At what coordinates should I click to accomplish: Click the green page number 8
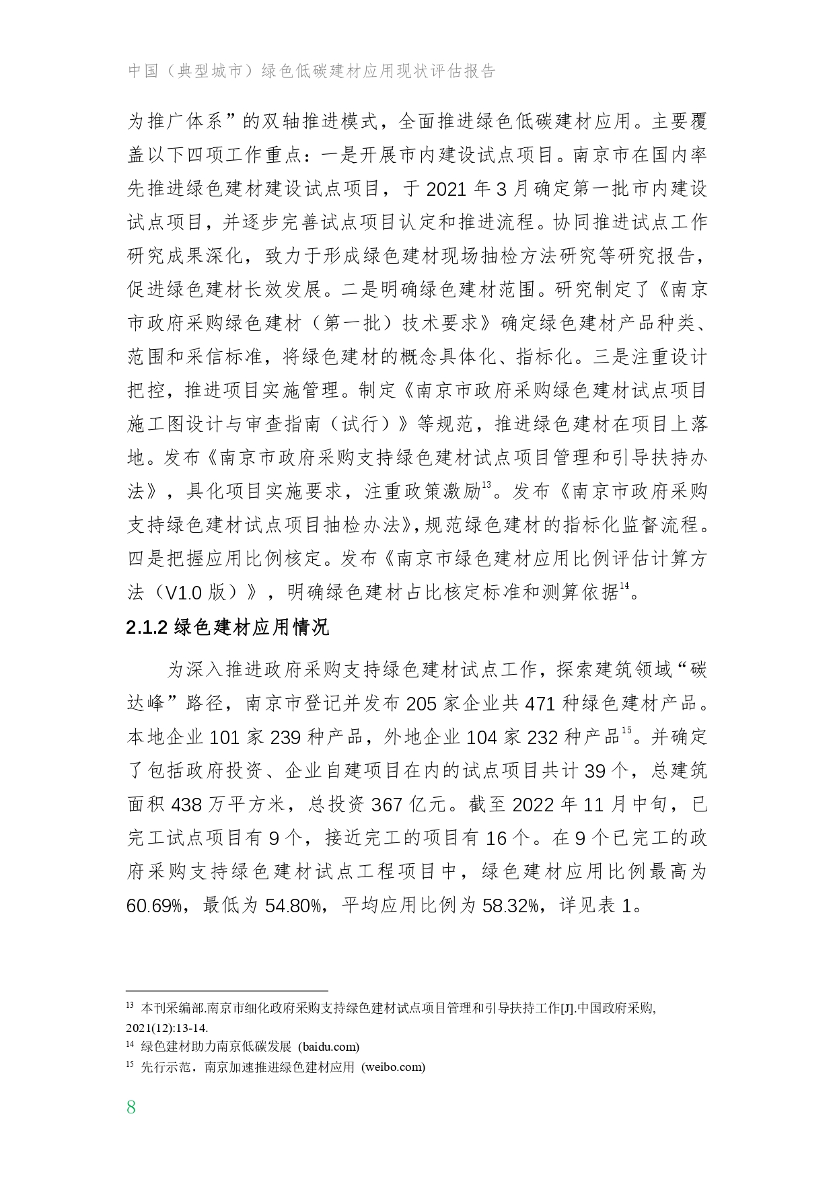(131, 1107)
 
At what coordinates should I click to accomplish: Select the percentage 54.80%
(293, 906)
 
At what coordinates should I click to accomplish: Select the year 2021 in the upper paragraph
(447, 189)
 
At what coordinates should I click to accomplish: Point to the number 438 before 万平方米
(191, 805)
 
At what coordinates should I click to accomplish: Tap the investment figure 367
(390, 805)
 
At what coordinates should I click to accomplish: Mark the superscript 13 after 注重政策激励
(486, 484)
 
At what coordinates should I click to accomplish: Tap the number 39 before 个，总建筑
(595, 771)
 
